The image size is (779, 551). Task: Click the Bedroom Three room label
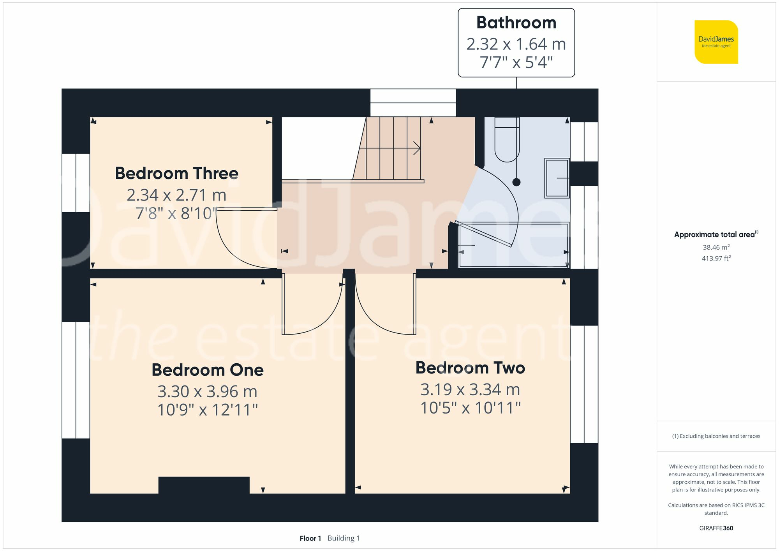point(176,173)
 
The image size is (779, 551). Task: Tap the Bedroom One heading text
point(207,370)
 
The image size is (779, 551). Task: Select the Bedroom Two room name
point(470,368)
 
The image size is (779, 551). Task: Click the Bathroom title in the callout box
point(516,23)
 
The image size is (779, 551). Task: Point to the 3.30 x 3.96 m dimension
point(207,391)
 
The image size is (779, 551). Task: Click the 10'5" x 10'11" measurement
point(470,408)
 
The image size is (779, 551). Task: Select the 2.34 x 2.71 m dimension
point(176,195)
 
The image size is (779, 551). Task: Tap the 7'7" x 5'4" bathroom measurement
point(516,62)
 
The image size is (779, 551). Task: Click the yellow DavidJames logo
point(716,42)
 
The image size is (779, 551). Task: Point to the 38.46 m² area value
point(716,247)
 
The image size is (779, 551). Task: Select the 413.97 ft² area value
point(716,258)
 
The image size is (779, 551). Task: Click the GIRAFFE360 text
point(716,528)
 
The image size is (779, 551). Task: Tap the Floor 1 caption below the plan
point(310,538)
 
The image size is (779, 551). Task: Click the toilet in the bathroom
point(507,140)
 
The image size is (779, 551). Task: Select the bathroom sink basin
point(557,178)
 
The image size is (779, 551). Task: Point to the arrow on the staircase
point(416,148)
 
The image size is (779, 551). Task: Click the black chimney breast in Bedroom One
point(204,485)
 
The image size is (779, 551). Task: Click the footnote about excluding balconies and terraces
point(716,436)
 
